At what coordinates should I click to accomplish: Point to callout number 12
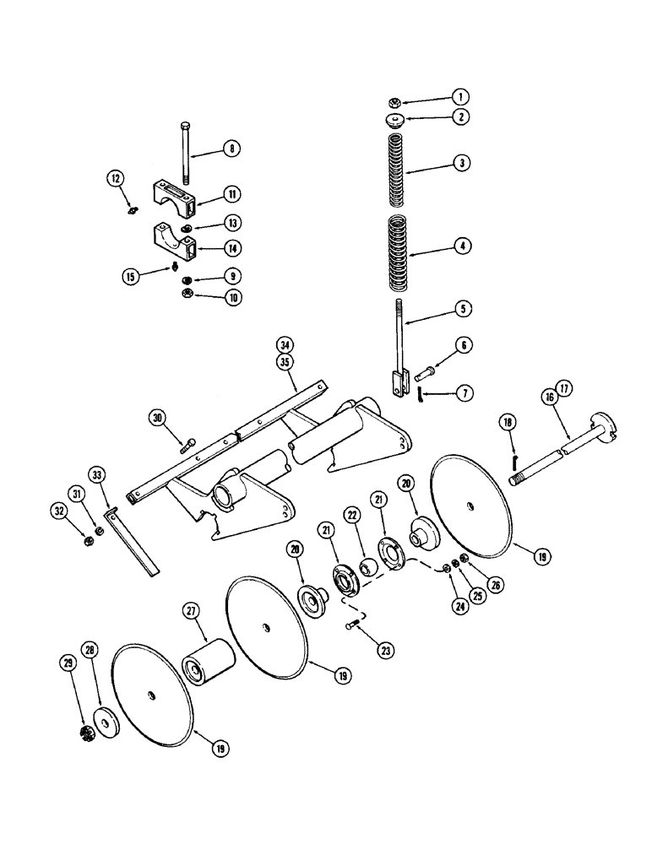[x=116, y=178]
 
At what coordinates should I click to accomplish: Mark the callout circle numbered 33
[x=99, y=477]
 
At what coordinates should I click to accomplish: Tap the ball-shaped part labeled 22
[x=368, y=565]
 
